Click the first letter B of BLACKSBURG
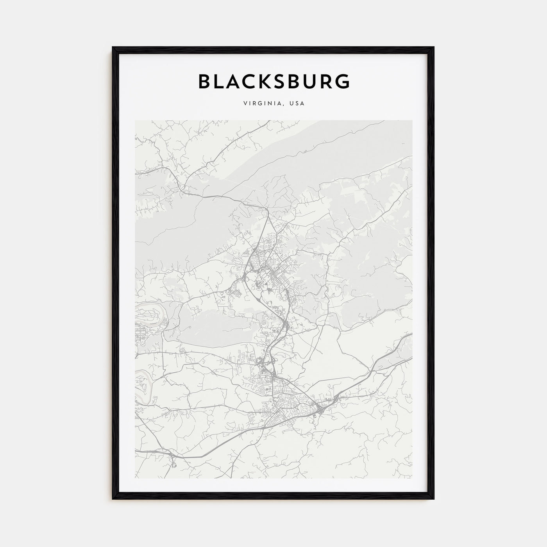[205, 81]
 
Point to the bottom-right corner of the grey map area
[411, 478]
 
